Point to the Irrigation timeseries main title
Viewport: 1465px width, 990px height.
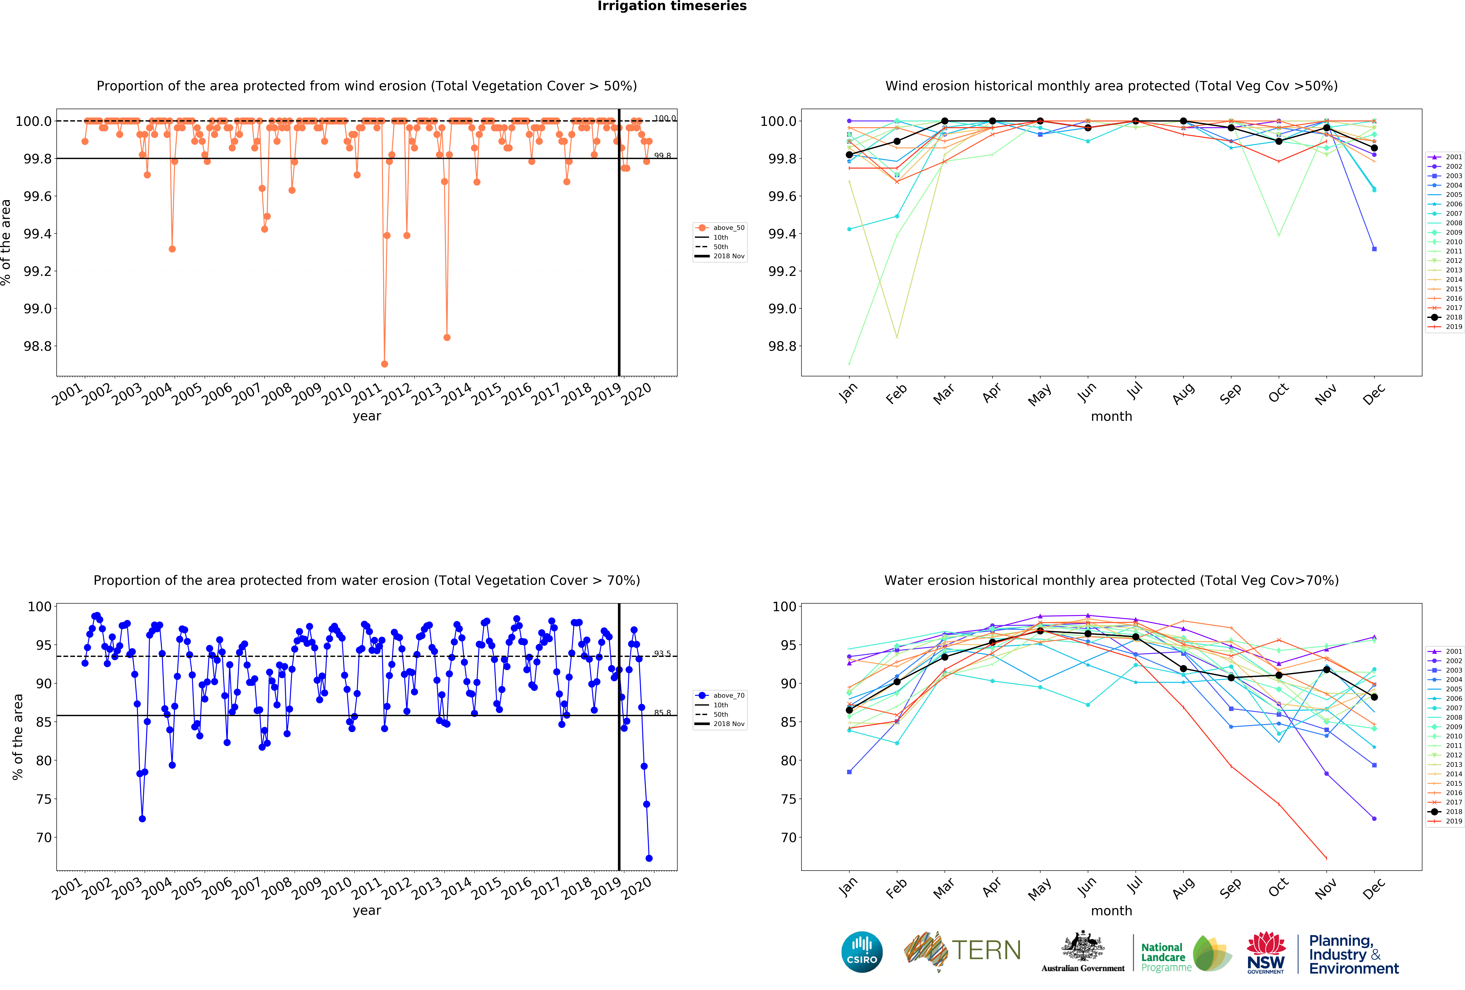click(672, 6)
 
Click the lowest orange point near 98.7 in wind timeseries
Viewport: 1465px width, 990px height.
click(384, 364)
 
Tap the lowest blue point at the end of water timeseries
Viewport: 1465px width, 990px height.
click(649, 858)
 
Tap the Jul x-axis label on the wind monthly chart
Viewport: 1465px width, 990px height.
click(1135, 392)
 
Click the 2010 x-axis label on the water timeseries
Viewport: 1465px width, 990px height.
click(337, 888)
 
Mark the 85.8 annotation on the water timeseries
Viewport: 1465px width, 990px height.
click(662, 713)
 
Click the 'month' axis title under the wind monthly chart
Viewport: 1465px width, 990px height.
click(1111, 416)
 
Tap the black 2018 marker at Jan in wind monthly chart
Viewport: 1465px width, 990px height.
click(849, 155)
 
